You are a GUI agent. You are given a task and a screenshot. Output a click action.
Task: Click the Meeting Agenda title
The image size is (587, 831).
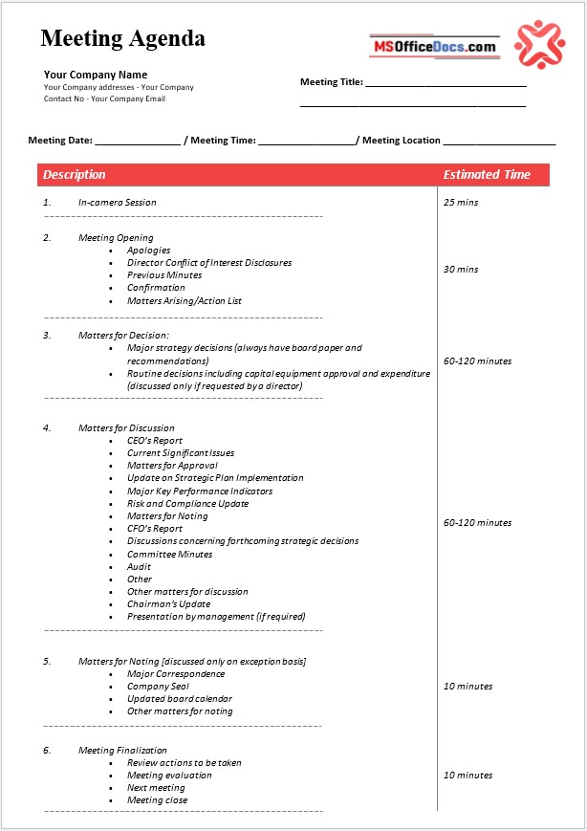122,39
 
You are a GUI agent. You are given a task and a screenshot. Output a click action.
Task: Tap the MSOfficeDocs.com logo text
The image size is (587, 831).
434,46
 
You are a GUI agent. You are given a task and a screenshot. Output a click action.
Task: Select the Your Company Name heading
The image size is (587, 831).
96,75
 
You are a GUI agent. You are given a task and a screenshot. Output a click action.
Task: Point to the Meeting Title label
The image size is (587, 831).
331,82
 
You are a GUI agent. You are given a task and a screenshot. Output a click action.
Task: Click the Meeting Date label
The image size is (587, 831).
60,141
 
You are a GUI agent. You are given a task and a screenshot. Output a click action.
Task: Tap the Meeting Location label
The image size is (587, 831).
402,141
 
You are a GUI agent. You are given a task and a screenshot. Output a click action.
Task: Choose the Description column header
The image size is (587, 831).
75,175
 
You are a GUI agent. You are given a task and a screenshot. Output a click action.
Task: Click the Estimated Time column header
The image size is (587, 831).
487,175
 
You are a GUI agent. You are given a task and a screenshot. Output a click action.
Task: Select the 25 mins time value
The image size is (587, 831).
461,203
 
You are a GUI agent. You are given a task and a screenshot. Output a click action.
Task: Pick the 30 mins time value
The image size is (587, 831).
461,270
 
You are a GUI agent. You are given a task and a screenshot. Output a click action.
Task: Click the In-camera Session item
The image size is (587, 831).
117,203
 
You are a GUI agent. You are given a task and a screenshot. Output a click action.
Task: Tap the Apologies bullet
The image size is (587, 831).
148,251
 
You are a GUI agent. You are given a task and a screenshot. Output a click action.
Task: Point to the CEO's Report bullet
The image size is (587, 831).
155,441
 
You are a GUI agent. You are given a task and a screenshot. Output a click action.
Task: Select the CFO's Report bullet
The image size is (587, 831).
155,529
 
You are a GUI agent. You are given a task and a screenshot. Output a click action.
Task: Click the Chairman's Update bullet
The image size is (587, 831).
169,604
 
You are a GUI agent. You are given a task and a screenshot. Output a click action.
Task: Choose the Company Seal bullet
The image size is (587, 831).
158,687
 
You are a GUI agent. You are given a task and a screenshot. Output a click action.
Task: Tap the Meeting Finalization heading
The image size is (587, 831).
122,751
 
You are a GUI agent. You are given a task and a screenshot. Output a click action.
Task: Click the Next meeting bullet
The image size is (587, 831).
156,788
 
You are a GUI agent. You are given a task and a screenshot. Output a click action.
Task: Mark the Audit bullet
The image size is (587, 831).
139,567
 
